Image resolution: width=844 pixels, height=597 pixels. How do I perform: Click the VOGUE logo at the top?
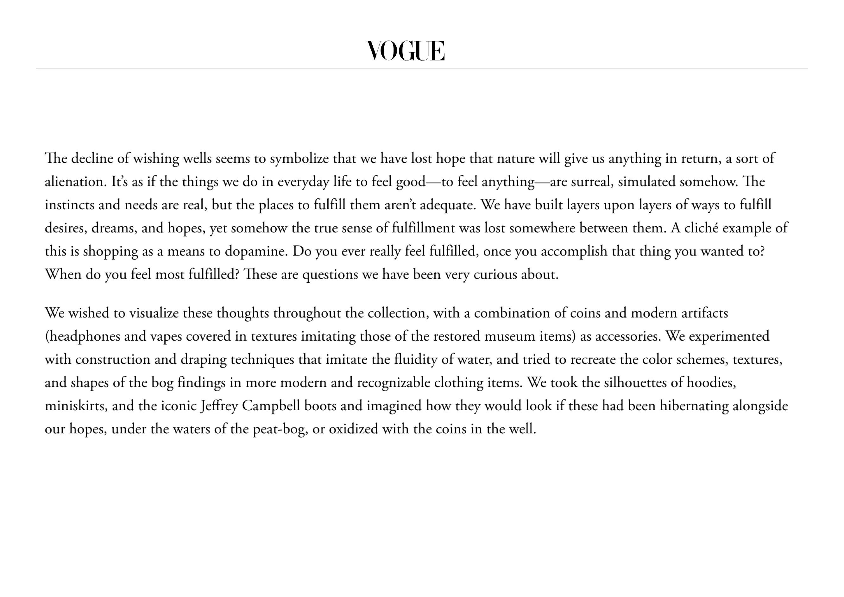coord(406,51)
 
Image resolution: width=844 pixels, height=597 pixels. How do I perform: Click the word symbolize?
coord(299,159)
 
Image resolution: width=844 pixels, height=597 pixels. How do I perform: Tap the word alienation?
coord(75,182)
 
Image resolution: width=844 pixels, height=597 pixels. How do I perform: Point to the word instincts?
coord(69,205)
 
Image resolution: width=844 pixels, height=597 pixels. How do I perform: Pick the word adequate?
coord(447,205)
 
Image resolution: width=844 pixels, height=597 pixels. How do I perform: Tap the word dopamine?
coord(256,251)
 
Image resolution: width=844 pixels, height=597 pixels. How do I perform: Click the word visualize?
coord(154,313)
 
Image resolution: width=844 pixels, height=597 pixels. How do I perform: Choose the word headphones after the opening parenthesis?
coord(84,336)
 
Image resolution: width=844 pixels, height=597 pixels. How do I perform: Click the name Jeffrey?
coord(219,406)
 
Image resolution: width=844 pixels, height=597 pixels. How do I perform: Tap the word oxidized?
coord(353,429)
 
